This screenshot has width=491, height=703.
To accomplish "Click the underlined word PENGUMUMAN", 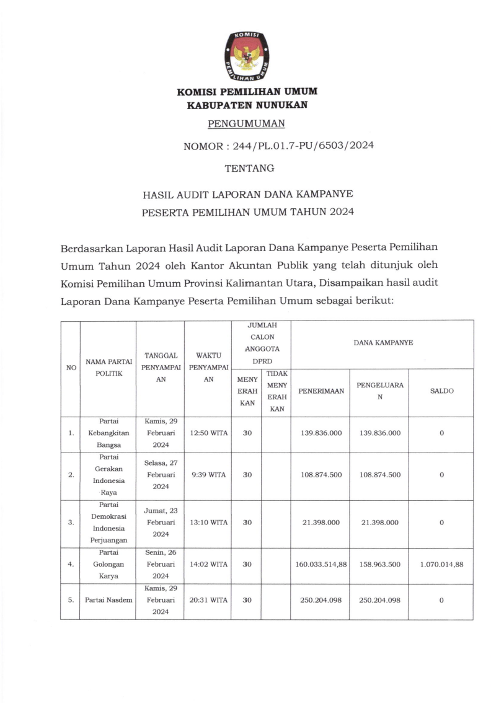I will click(x=247, y=123).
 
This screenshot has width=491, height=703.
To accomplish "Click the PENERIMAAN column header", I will click(x=321, y=391).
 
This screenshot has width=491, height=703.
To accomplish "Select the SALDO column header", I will click(x=441, y=391).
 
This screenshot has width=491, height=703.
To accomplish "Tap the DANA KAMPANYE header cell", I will click(x=383, y=342).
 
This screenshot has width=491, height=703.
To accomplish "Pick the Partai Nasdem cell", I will click(x=108, y=599).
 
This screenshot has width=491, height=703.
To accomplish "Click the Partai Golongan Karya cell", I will click(x=108, y=564).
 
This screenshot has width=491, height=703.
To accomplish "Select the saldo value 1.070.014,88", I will click(x=441, y=564).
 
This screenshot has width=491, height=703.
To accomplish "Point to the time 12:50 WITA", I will click(x=210, y=433).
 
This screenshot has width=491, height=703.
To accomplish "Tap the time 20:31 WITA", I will click(x=210, y=599).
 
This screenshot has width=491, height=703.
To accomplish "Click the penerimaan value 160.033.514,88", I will click(x=321, y=564).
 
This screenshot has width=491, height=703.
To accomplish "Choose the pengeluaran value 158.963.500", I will click(x=379, y=564).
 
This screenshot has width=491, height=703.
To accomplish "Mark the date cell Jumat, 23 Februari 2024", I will click(x=161, y=522).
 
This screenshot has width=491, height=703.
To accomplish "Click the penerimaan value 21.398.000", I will click(x=321, y=523).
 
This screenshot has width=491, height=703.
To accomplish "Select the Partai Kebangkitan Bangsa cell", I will click(x=108, y=433).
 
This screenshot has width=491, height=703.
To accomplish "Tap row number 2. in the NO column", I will click(x=71, y=475).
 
